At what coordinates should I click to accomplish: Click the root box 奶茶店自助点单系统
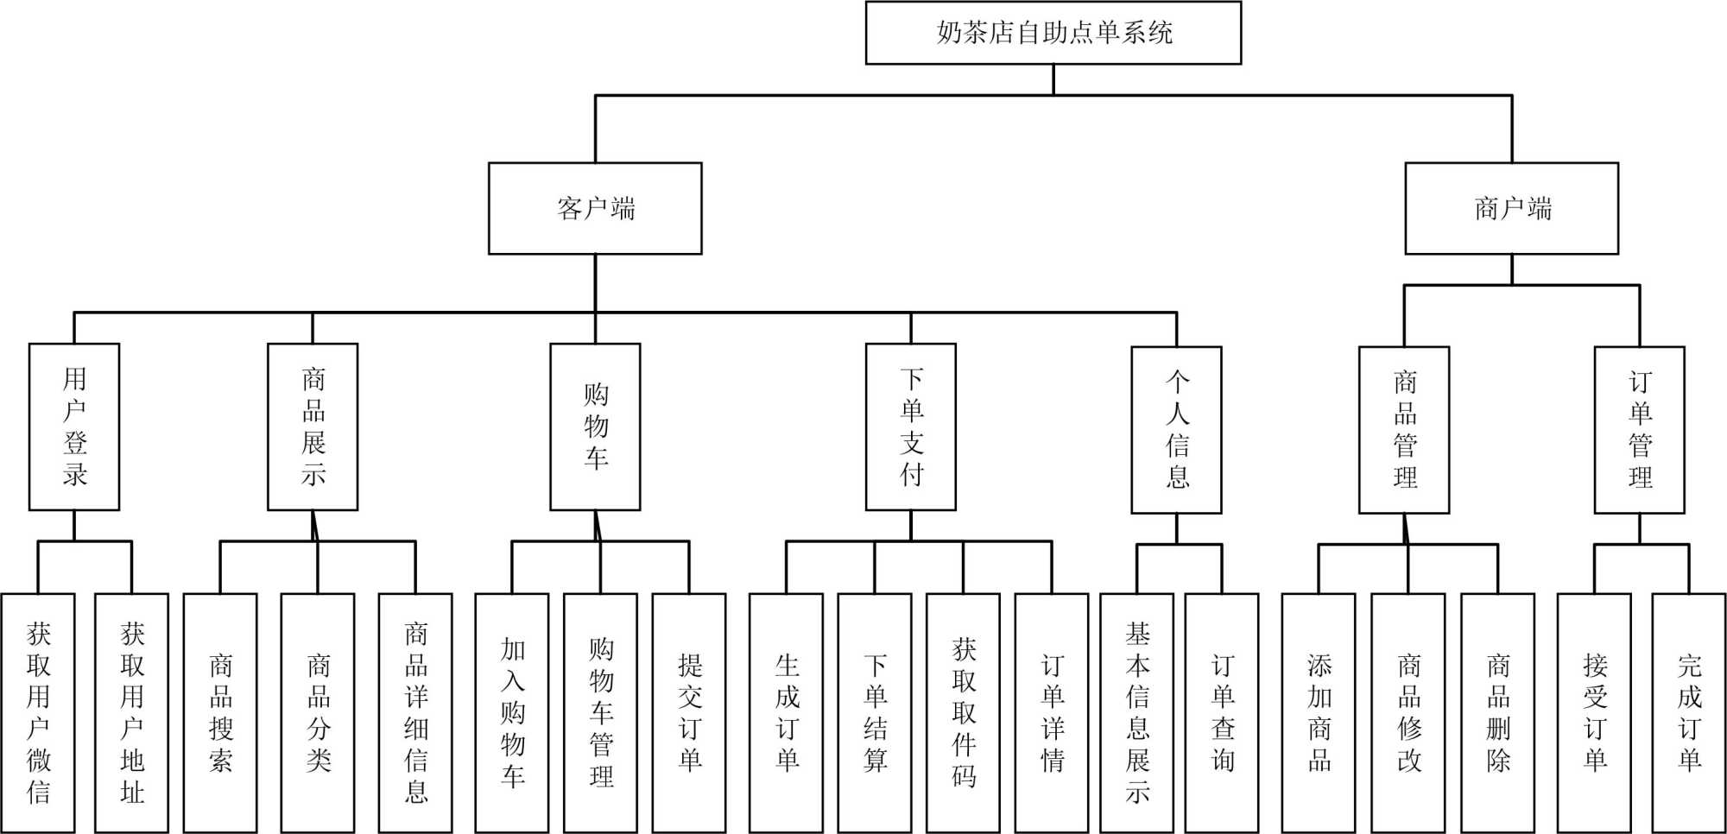coord(1053,33)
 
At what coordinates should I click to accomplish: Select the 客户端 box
coord(595,208)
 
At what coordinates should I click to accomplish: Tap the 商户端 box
coord(1511,208)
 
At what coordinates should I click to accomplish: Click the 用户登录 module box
coord(74,426)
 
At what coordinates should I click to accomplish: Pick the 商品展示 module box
coord(313,426)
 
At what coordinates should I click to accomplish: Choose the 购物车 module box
coord(595,426)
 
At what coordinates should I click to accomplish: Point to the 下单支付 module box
coord(911,426)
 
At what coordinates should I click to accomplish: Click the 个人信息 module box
coord(1176,430)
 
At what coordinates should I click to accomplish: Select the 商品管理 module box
coord(1404,430)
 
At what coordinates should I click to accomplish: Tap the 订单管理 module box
coord(1639,430)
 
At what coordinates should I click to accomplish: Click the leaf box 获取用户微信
coord(38,712)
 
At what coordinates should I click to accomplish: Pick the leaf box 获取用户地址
coord(131,712)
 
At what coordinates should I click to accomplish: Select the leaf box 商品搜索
coord(220,712)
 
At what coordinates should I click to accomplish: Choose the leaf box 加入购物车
coord(512,712)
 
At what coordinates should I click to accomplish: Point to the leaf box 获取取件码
coord(963,712)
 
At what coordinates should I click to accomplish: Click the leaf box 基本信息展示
coord(1136,712)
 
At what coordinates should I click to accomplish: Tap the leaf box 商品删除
coord(1497,712)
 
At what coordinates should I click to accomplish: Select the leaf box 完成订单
coord(1688,712)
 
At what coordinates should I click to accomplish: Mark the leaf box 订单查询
coord(1222,712)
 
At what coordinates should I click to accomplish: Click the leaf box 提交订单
coord(689,712)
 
